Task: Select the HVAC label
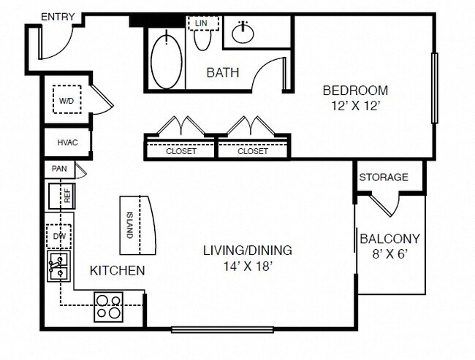67,142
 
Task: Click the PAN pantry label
59,169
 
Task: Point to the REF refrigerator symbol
61,196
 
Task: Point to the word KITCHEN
117,271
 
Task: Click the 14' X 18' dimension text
247,266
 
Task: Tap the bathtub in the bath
166,58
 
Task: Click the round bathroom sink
243,31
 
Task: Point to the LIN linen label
202,23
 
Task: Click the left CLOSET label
180,151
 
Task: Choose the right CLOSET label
253,151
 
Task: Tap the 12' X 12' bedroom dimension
354,105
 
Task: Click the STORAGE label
383,177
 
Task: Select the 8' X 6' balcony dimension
389,254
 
